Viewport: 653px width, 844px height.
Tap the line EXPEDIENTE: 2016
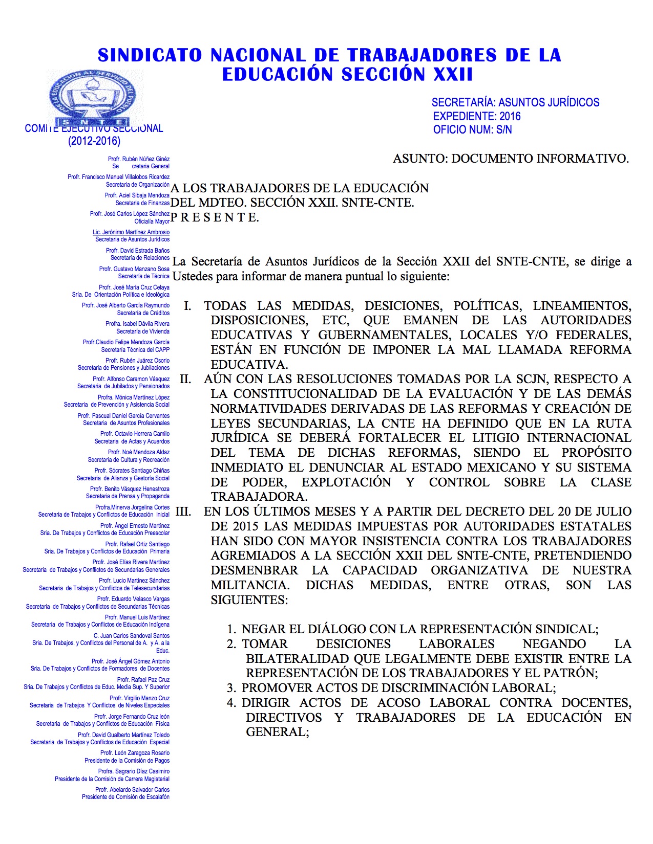click(476, 116)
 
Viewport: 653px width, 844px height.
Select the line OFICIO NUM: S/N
click(472, 129)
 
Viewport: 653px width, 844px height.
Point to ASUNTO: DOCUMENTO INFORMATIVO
click(511, 159)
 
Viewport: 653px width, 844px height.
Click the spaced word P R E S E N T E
click(215, 217)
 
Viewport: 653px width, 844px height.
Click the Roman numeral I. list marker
click(188, 306)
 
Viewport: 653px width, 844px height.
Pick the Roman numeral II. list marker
click(185, 379)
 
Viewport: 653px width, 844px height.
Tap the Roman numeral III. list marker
click(183, 512)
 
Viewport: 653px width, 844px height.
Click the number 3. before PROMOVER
click(231, 688)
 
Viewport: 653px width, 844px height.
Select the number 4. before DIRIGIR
click(231, 703)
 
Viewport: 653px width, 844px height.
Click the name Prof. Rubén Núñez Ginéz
click(139, 159)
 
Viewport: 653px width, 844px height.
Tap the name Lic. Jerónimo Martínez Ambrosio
click(131, 232)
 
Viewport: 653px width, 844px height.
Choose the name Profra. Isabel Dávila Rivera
click(137, 324)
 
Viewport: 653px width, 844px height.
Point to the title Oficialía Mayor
click(152, 221)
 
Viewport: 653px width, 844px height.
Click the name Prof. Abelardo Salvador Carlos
click(132, 790)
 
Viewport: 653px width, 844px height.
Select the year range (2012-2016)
click(94, 141)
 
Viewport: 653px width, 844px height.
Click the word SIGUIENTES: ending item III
click(249, 599)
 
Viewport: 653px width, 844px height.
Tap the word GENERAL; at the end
click(278, 732)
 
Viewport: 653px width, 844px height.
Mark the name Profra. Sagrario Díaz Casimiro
click(134, 771)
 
